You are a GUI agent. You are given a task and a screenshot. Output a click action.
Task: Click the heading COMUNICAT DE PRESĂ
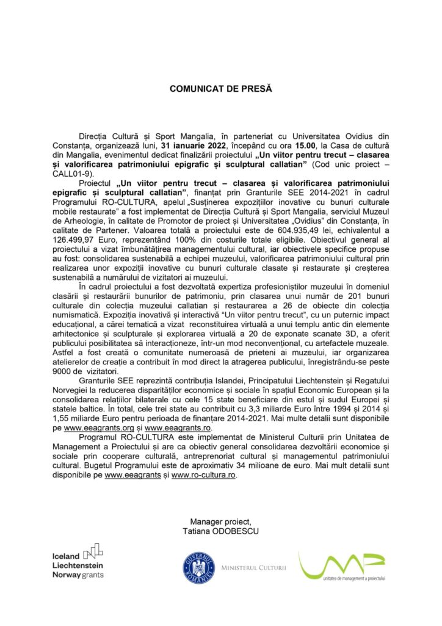click(x=220, y=89)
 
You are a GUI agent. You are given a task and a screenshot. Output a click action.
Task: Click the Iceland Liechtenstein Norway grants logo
click(x=79, y=561)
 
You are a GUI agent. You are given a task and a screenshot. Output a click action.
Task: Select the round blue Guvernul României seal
click(x=198, y=567)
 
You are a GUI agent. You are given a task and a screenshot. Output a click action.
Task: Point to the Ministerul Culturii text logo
click(x=253, y=568)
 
